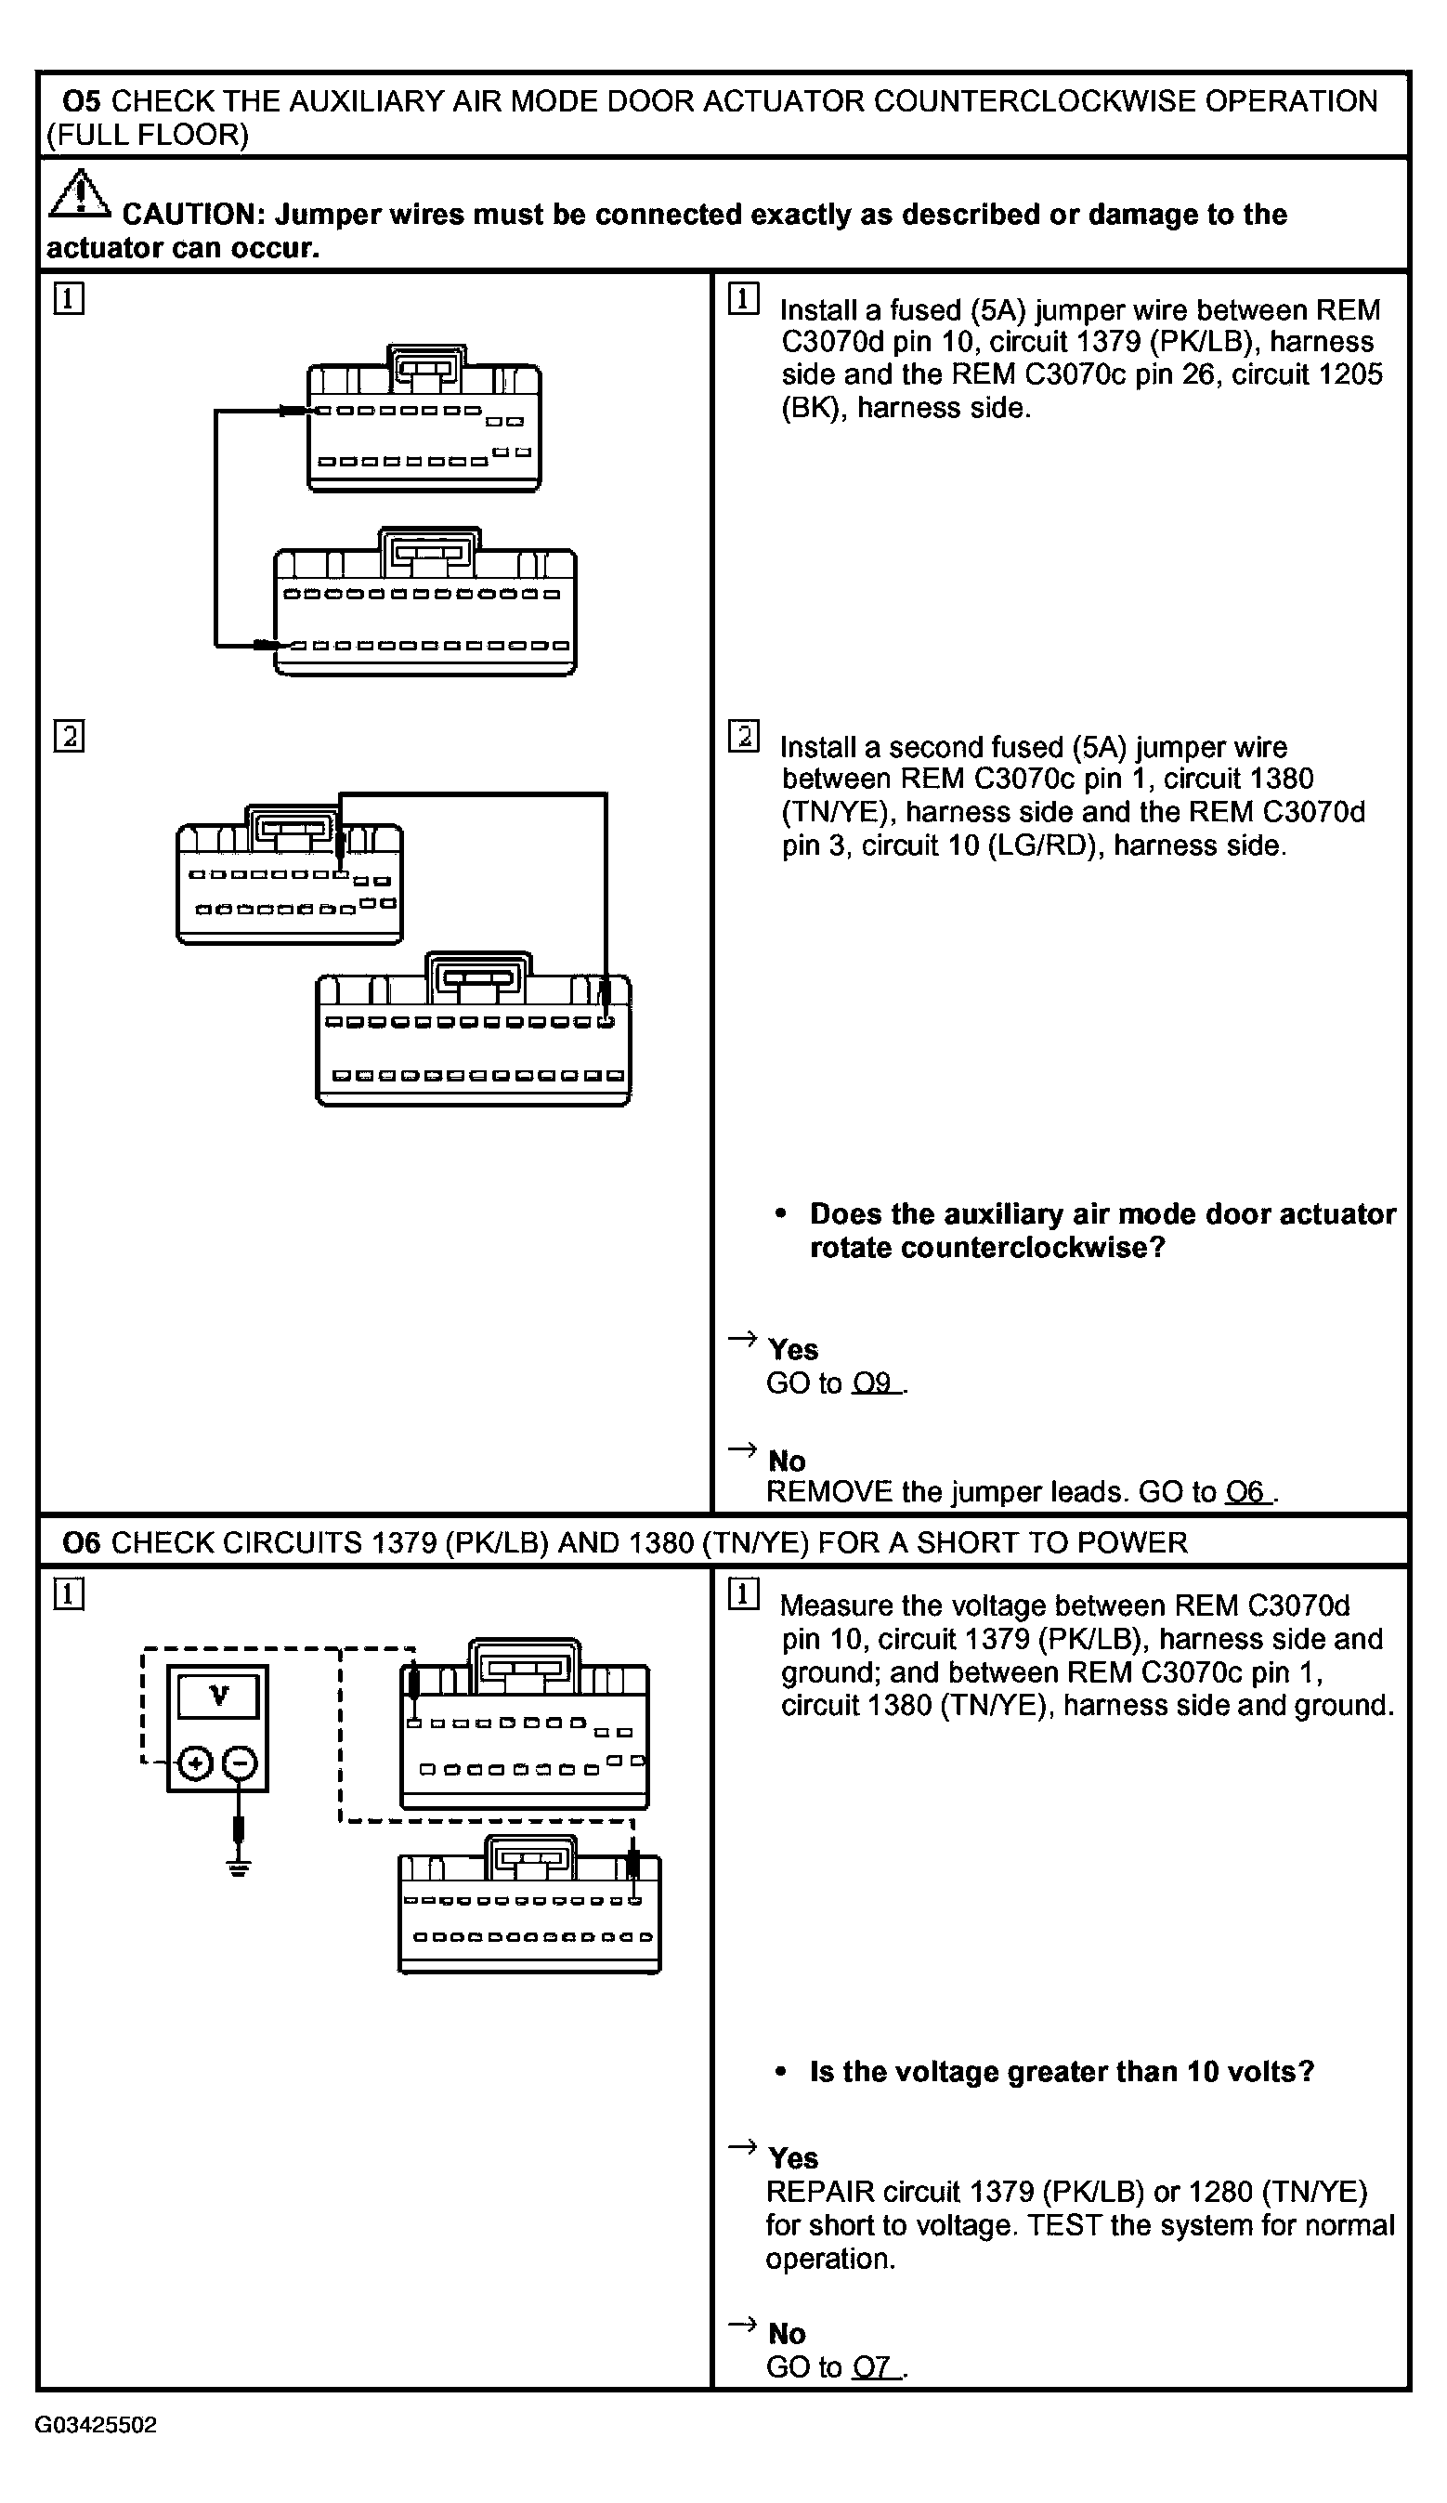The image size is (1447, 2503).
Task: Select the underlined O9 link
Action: coord(873,1383)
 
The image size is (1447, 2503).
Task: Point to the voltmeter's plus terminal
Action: coord(196,1763)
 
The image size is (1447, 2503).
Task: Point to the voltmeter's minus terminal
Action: coord(240,1763)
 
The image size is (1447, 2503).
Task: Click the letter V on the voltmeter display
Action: coord(218,1696)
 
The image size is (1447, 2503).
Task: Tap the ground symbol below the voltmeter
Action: coord(239,1867)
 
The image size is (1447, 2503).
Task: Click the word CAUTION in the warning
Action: coord(189,215)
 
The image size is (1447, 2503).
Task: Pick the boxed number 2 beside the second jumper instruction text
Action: coord(744,736)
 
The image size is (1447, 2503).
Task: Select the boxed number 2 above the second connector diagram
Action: coord(69,736)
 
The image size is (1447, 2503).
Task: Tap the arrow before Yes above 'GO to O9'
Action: coord(742,1339)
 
